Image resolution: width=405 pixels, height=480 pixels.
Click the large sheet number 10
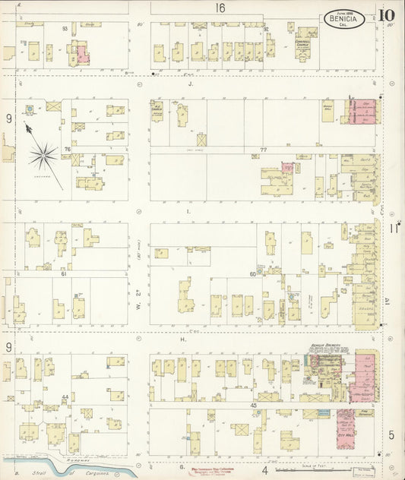pos(388,14)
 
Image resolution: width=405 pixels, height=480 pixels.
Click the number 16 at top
pos(220,8)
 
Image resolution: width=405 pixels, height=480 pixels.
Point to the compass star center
pos(43,156)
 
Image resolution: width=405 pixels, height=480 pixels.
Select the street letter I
pos(188,213)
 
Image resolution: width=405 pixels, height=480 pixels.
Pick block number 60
pos(253,273)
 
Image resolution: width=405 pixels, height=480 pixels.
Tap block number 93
pos(65,28)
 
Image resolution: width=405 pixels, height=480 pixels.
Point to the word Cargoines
pos(100,472)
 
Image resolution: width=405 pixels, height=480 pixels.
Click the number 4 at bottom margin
pos(265,471)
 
